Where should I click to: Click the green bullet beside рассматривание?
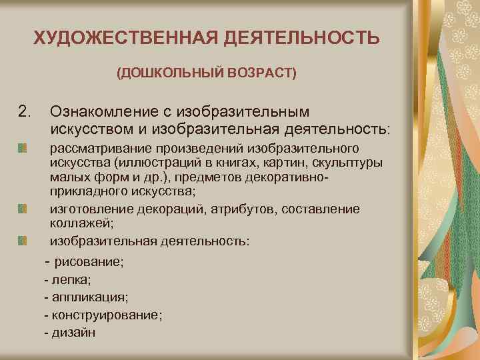23,147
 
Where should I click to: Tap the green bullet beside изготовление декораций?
23,209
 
